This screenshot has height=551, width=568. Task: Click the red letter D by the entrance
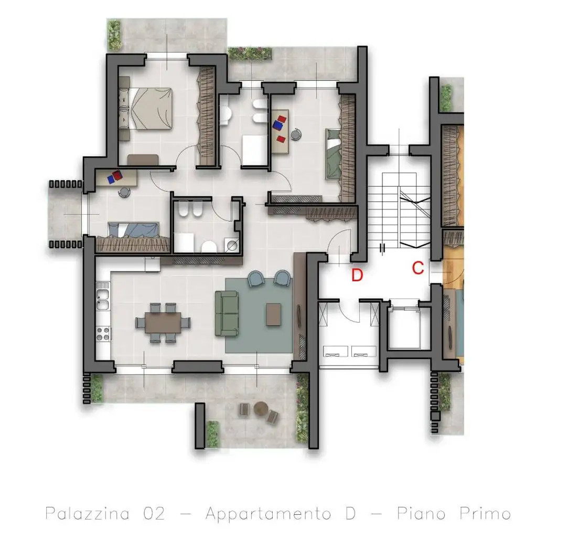[357, 275]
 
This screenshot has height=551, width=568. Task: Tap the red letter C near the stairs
[418, 268]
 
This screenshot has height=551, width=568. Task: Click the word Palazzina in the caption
[87, 514]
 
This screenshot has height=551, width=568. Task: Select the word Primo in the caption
[486, 513]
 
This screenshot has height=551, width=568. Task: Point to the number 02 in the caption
[154, 514]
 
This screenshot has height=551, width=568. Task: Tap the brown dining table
[163, 322]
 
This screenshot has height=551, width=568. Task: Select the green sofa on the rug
[227, 314]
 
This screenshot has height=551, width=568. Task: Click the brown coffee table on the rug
[273, 315]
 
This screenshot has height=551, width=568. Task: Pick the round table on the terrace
[261, 409]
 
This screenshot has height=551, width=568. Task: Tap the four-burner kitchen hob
[103, 334]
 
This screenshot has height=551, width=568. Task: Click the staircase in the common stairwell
[399, 210]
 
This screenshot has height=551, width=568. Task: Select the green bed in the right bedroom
[333, 154]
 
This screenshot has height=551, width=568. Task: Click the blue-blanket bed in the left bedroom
[133, 230]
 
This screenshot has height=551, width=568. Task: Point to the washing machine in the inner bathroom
[231, 245]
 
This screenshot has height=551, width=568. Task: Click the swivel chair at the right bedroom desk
[296, 134]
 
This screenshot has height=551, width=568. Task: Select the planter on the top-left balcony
[114, 35]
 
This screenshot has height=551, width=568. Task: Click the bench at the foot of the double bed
[143, 160]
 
